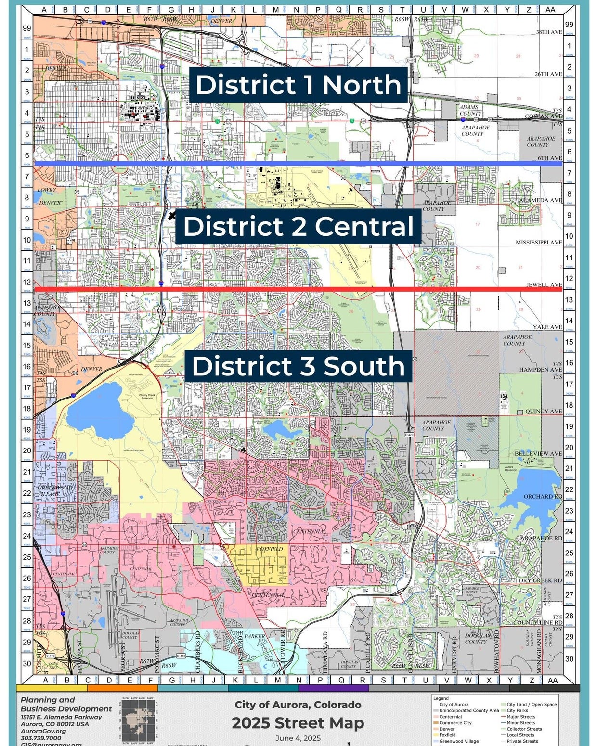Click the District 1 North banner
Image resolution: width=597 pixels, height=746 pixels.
tap(298, 85)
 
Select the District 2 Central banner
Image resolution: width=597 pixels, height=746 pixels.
tap(298, 226)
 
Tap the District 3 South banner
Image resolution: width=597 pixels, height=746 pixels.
tap(298, 366)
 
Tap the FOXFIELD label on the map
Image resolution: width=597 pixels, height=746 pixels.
tap(269, 549)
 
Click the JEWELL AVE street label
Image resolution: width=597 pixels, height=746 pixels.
tap(544, 284)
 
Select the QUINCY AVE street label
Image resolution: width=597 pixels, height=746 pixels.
tap(544, 412)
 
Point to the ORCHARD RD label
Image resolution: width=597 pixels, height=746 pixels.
tap(543, 496)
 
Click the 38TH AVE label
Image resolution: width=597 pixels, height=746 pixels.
tap(549, 32)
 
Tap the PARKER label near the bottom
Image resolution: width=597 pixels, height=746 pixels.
tap(254, 636)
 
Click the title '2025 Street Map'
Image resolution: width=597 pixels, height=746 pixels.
tap(298, 723)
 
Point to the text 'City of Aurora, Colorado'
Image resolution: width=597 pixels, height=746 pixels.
tap(298, 705)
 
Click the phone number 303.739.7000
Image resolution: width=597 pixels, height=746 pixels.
tap(41, 738)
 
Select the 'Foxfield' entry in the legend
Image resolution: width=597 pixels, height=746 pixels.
tap(447, 735)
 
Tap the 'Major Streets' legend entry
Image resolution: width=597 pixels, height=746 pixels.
tap(520, 717)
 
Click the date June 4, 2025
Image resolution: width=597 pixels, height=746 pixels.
tap(298, 738)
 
